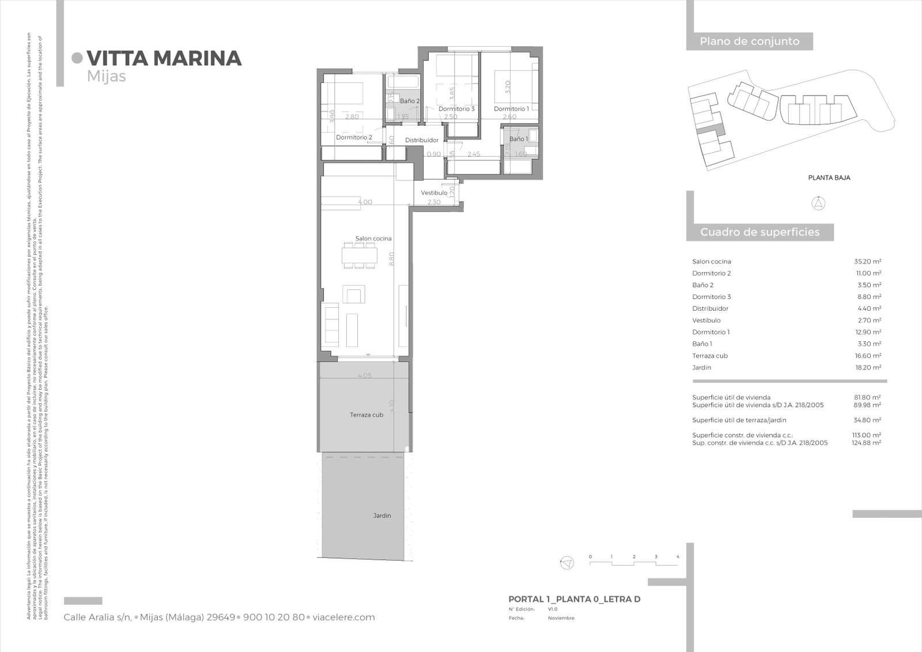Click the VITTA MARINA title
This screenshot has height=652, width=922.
point(164,58)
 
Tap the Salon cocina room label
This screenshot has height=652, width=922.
point(373,238)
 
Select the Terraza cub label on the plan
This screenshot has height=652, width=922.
point(366,414)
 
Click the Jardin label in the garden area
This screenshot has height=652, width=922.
point(381,515)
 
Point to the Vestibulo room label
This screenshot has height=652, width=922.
point(434,193)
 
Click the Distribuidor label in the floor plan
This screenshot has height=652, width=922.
point(421,140)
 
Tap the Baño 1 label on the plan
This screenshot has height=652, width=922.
point(518,139)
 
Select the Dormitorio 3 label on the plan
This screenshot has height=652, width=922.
point(456,109)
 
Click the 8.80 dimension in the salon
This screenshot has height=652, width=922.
point(391,258)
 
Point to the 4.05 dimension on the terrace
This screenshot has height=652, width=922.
point(364,375)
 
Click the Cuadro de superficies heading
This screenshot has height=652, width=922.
point(759,232)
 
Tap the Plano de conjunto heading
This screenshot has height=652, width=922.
point(749,42)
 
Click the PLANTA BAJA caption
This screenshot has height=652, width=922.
point(829,178)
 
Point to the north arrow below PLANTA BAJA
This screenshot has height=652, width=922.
point(818,203)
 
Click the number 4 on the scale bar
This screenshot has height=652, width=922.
point(678,557)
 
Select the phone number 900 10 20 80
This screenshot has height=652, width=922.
point(274,617)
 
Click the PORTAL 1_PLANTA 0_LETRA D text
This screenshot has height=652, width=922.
point(574,599)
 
